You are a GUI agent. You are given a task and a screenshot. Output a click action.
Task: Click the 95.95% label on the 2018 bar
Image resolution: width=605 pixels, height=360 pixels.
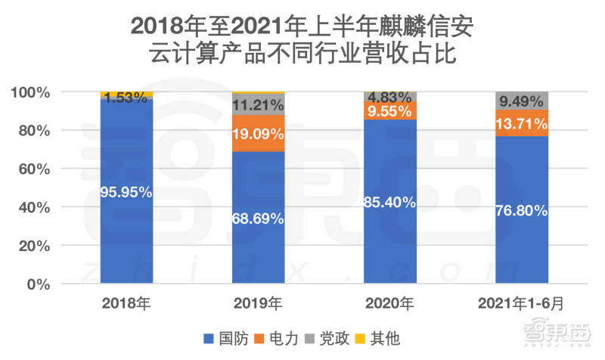pyautogui.click(x=126, y=192)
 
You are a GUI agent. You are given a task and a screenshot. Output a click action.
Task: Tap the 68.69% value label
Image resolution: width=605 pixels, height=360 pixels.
pyautogui.click(x=259, y=219)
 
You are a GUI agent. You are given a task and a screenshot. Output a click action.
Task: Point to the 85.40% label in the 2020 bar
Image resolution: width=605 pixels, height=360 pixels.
pyautogui.click(x=389, y=202)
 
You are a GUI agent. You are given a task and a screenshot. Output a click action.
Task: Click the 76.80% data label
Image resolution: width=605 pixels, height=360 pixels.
pyautogui.click(x=521, y=211)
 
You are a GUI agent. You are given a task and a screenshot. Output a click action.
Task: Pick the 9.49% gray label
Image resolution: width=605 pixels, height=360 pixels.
pyautogui.click(x=521, y=101)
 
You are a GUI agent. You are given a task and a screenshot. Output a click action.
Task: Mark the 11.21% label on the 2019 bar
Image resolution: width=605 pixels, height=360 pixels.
pyautogui.click(x=259, y=105)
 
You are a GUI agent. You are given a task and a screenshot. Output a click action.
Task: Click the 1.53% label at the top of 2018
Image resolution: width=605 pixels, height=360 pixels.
pyautogui.click(x=126, y=98)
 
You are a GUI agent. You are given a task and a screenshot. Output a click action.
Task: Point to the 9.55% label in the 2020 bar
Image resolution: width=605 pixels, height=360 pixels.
pyautogui.click(x=389, y=110)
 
